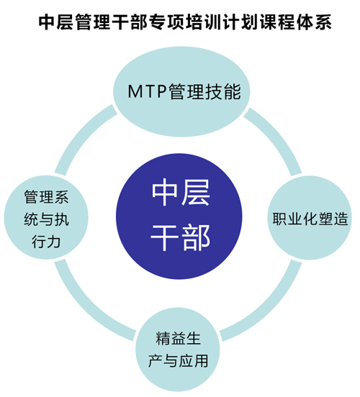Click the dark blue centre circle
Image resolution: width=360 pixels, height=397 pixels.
click(179, 216)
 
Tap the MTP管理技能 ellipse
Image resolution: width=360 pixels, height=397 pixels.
click(181, 91)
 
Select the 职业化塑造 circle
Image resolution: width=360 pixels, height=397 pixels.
click(310, 218)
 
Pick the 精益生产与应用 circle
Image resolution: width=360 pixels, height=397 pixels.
click(178, 350)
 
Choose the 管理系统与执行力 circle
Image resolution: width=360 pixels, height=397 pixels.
click(46, 217)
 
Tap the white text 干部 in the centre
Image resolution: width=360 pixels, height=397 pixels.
click(181, 237)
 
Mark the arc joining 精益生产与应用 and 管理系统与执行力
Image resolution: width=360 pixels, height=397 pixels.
click(87, 308)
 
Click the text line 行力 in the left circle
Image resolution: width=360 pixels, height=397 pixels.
click(46, 241)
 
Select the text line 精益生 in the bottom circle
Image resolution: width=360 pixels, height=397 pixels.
click(178, 339)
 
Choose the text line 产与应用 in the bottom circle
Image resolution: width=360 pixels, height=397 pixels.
click(178, 361)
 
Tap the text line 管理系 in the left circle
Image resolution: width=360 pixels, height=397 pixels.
click(46, 197)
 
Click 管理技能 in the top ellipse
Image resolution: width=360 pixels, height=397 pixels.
click(204, 91)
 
